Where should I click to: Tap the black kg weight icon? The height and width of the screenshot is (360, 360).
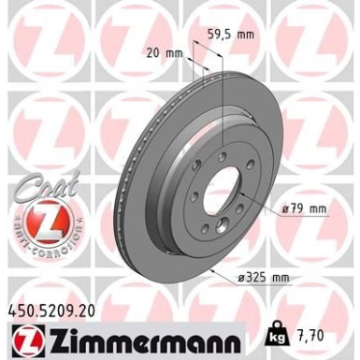point(305,333)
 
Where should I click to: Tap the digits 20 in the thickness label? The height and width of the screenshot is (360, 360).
point(153,54)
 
